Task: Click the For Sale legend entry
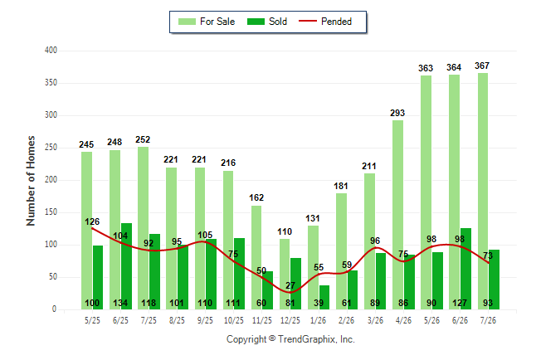tap(207, 22)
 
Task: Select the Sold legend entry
tap(267, 22)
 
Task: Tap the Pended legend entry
tap(325, 22)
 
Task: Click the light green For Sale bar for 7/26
tap(483, 191)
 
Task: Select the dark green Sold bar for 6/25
tap(126, 266)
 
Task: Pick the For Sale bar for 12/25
tap(285, 275)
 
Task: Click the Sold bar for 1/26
tap(324, 298)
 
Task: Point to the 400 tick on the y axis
tap(51, 51)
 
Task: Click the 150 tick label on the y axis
tap(51, 212)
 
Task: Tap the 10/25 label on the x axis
tap(234, 320)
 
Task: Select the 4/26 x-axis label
tap(403, 320)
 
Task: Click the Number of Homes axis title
tap(31, 181)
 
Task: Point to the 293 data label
tap(397, 113)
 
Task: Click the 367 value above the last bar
tap(482, 66)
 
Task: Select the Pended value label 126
tap(92, 221)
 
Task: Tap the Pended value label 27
tap(290, 285)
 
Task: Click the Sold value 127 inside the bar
tap(460, 303)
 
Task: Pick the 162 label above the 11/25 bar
tap(256, 197)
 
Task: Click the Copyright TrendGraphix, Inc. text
tap(290, 339)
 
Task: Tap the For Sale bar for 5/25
tap(87, 231)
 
